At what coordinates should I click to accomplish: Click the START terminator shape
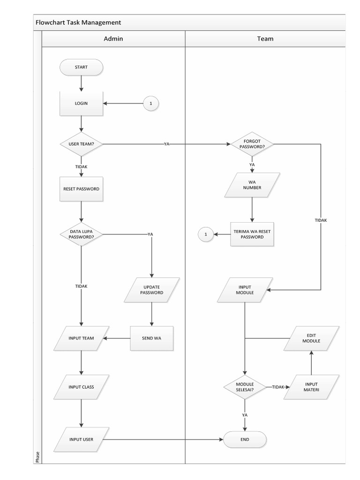point(81,67)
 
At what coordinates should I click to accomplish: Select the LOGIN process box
point(81,103)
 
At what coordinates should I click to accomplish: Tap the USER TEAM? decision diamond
point(81,143)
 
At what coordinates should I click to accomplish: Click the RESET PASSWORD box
point(81,189)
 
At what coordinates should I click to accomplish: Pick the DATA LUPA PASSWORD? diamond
point(81,234)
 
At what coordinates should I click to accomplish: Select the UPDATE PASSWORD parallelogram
point(151,289)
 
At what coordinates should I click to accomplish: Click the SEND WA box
point(151,338)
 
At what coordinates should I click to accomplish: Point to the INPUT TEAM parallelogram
point(81,338)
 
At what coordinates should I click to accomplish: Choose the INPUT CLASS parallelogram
point(81,387)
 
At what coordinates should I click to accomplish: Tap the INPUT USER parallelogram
point(81,439)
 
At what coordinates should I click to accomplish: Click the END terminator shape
point(245,439)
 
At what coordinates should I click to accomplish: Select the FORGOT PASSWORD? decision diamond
point(252,143)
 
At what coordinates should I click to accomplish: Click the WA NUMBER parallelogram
point(252,185)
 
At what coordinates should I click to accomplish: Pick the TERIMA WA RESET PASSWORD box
point(252,234)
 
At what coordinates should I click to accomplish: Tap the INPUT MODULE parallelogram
point(245,289)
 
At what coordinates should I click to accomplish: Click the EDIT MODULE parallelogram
point(311,338)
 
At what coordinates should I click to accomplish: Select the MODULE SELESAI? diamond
point(245,387)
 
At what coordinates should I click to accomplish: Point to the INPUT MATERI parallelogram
point(311,387)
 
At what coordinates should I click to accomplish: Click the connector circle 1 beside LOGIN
point(150,103)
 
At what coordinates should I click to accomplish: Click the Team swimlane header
point(265,38)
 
